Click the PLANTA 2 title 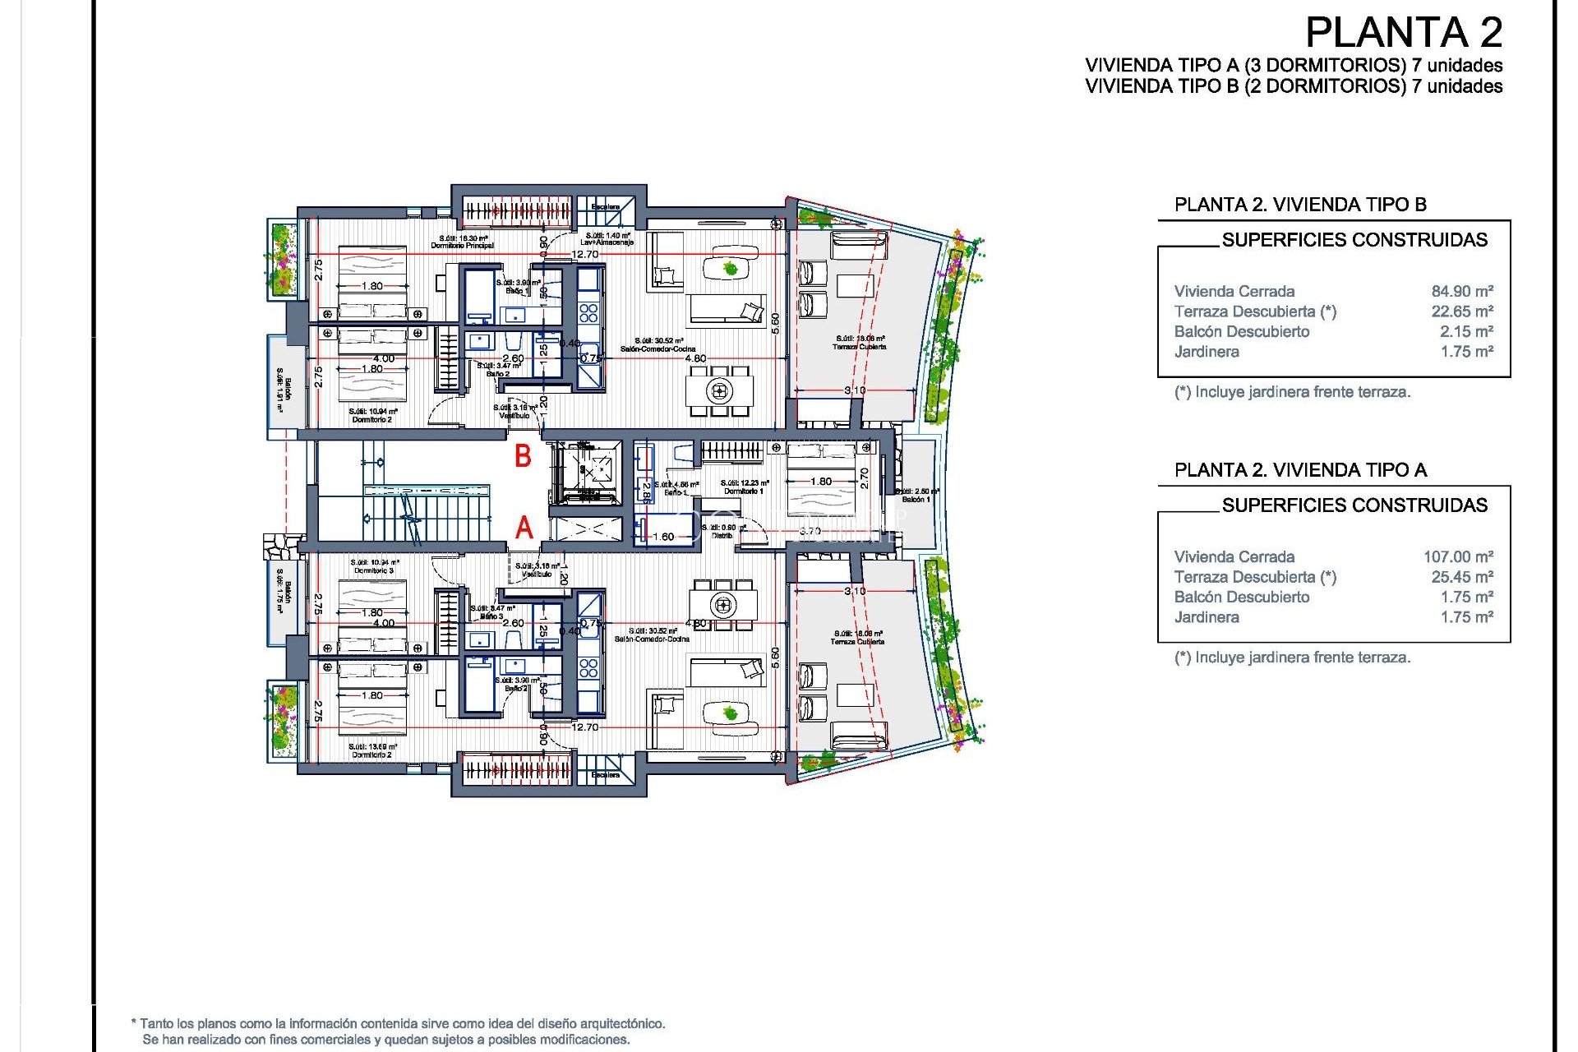tap(1403, 34)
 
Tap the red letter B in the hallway tap(523, 457)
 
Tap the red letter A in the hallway tap(524, 528)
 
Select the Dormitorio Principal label tap(462, 245)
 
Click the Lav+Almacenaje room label tap(607, 242)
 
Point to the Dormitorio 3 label tap(374, 570)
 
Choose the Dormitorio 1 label tap(743, 491)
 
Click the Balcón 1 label tap(916, 499)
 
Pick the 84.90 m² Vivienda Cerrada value tap(1461, 292)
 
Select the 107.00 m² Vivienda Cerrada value tap(1457, 557)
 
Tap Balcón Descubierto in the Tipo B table tap(1241, 332)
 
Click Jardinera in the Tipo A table tap(1206, 617)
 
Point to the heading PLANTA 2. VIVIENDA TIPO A tap(1300, 470)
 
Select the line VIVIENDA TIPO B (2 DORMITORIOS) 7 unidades tap(1293, 86)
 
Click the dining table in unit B tap(720, 390)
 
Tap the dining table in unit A tap(723, 606)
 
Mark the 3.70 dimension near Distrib tap(810, 532)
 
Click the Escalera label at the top tap(606, 207)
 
